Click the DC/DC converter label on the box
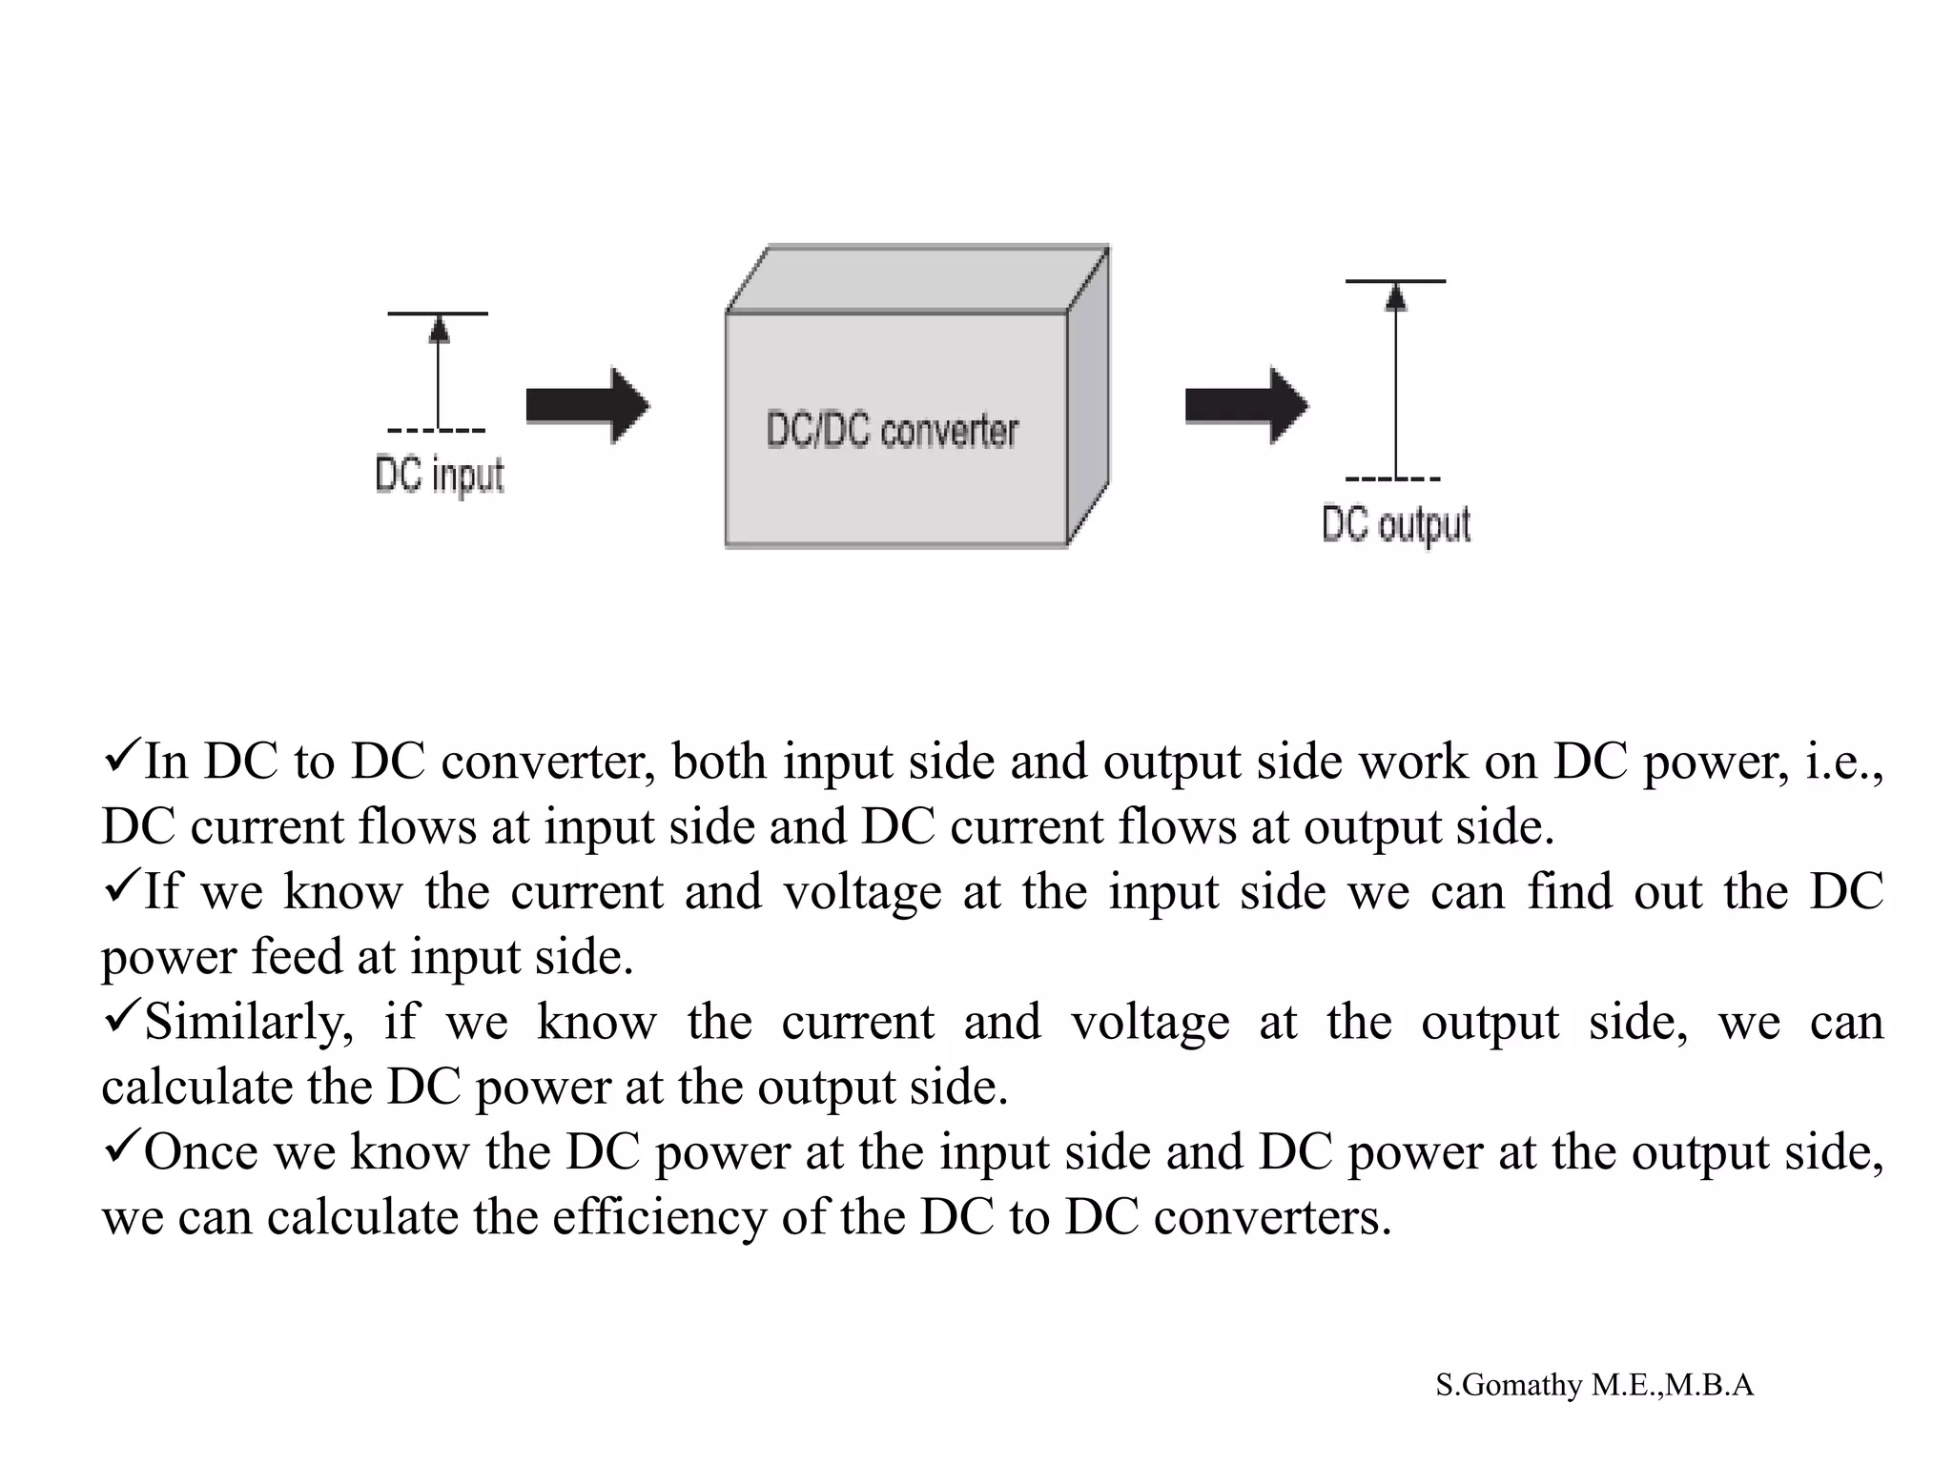893,431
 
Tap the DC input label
440,475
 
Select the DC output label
1396,524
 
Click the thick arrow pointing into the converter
587,406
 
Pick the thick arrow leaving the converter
1246,406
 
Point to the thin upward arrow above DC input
439,372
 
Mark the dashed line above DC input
437,431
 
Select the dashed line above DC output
1393,478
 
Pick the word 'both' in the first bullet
719,762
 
